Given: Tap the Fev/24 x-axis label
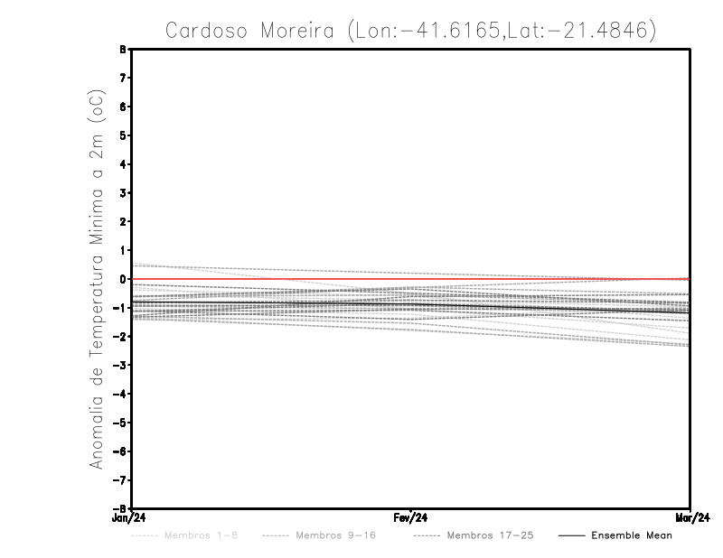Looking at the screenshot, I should click(411, 517).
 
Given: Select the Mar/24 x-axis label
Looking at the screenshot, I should click(690, 517).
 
